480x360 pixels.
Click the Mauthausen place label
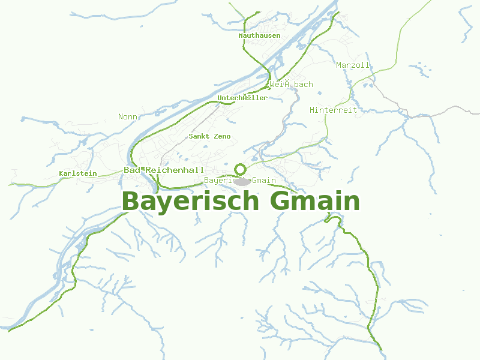[259, 35]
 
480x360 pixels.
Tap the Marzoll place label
[353, 65]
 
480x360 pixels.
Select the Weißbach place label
[291, 84]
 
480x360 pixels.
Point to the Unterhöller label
[242, 98]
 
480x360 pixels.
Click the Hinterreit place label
[333, 110]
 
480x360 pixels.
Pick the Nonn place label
[128, 116]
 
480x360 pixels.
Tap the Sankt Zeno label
[209, 136]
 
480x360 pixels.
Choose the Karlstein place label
[78, 173]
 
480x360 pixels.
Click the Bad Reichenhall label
[164, 170]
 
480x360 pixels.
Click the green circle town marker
[241, 169]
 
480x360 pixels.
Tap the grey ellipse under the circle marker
[242, 181]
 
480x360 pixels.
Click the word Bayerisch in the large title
[191, 202]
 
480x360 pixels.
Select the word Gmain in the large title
[315, 202]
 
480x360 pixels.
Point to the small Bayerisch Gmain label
[240, 180]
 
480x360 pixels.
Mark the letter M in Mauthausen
[241, 35]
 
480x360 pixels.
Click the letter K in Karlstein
[61, 173]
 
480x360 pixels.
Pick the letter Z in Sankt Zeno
[215, 136]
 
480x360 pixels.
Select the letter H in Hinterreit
[312, 110]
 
